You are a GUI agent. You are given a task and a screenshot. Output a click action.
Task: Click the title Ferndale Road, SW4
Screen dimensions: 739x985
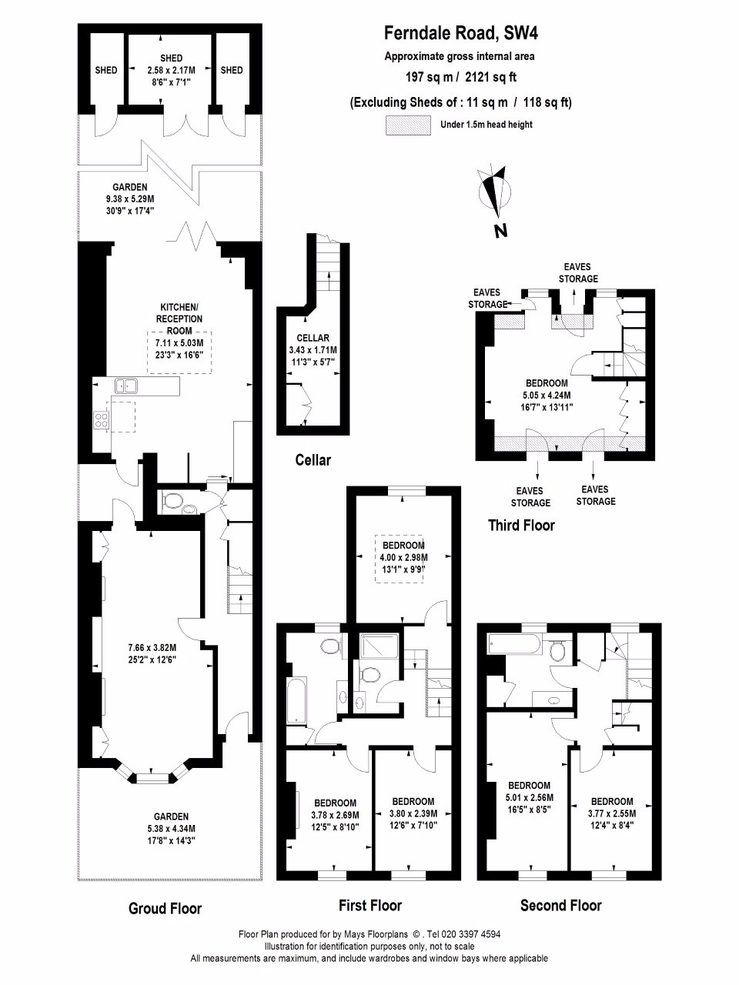[461, 34]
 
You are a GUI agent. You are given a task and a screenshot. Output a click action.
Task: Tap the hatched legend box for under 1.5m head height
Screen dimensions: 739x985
[408, 125]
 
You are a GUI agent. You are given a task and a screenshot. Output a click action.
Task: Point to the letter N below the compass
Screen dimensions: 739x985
[500, 231]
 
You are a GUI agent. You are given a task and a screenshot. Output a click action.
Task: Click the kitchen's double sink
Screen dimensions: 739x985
[126, 386]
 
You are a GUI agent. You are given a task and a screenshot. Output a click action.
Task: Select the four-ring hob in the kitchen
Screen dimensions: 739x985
[101, 419]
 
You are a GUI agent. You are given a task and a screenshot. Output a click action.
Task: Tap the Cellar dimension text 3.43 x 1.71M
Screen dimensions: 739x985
[313, 350]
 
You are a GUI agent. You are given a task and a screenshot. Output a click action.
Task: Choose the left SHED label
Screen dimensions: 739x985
[106, 70]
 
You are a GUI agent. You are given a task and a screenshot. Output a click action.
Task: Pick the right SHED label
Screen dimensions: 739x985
[232, 70]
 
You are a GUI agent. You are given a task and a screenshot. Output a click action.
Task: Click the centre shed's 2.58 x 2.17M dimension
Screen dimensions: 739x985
[172, 71]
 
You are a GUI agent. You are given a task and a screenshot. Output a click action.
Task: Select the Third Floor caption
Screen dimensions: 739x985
[521, 525]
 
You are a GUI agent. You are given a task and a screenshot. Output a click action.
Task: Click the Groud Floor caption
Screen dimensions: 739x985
[165, 908]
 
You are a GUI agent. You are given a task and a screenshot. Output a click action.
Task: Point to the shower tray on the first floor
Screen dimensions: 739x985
[380, 646]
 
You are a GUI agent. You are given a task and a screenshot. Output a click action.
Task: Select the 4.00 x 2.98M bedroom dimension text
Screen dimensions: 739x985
[404, 558]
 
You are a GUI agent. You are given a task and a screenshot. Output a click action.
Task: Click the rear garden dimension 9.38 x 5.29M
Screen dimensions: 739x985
[130, 199]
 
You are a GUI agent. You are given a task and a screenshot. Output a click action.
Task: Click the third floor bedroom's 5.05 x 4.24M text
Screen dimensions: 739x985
[547, 396]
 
